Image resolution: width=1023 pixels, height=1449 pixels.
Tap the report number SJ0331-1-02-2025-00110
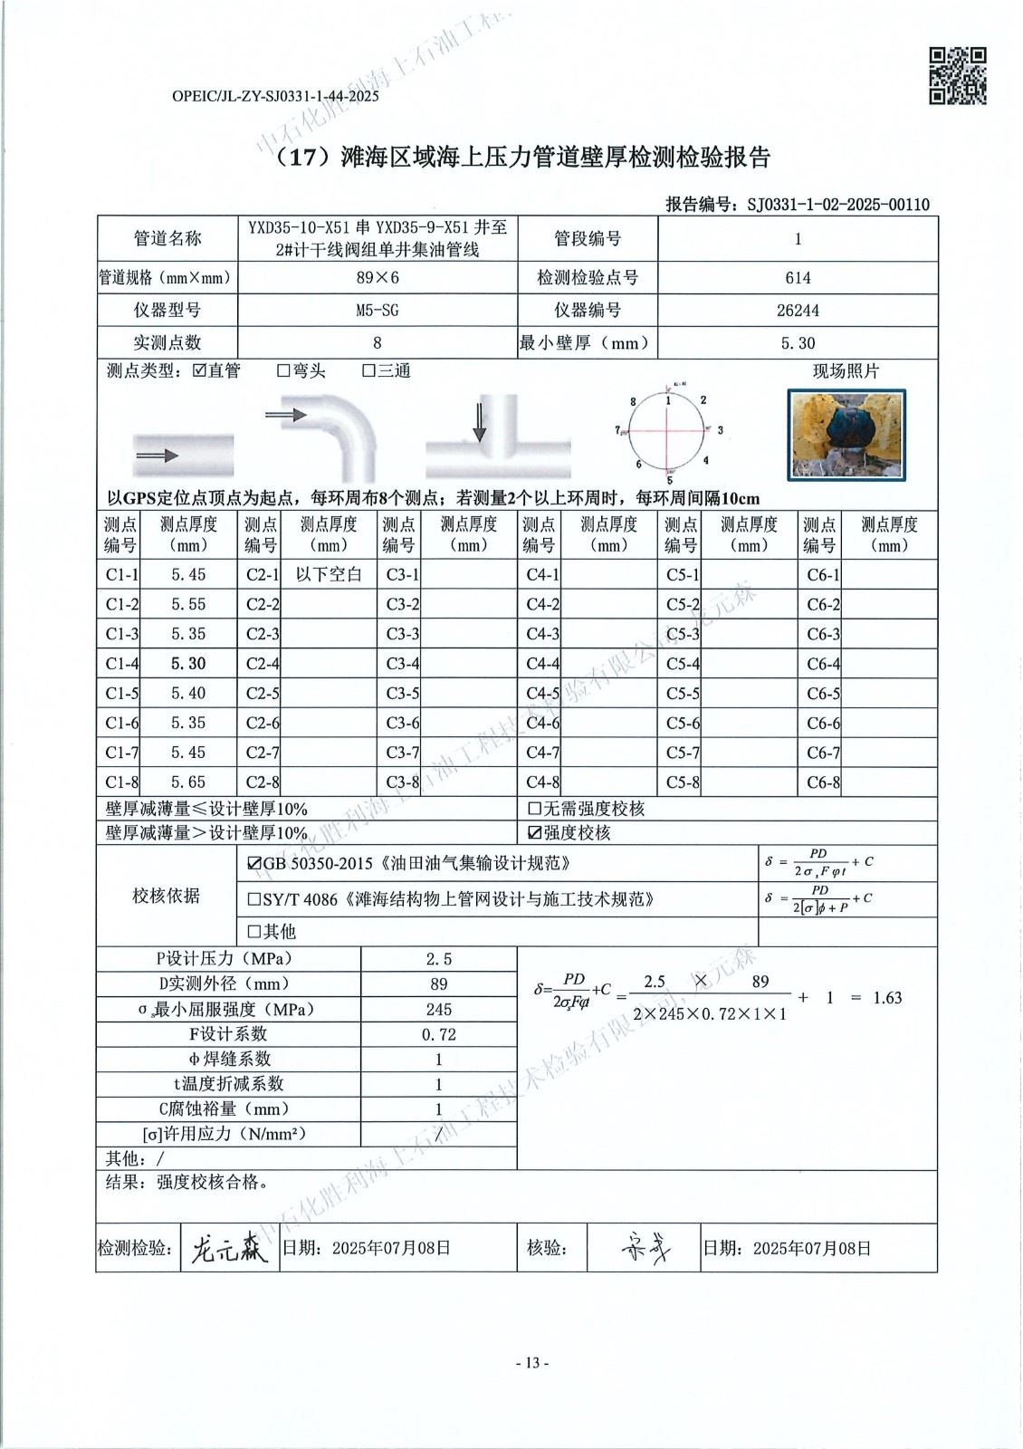pyautogui.click(x=838, y=205)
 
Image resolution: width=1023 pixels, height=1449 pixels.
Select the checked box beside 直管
pyautogui.click(x=200, y=371)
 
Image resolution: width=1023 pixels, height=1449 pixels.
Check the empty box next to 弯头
pyautogui.click(x=283, y=371)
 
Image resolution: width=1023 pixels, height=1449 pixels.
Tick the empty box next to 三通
pyautogui.click(x=368, y=371)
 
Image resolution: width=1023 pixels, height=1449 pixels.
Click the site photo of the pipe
pyautogui.click(x=846, y=435)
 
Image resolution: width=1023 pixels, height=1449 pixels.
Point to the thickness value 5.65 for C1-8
pyautogui.click(x=188, y=782)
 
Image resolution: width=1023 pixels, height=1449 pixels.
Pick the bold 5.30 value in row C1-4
pyautogui.click(x=188, y=664)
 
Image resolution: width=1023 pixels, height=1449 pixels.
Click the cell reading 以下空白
pyautogui.click(x=329, y=574)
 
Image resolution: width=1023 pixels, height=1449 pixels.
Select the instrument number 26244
pyautogui.click(x=798, y=311)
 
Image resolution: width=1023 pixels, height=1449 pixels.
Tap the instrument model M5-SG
pyautogui.click(x=377, y=311)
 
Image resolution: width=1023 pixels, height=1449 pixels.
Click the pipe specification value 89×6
pyautogui.click(x=377, y=278)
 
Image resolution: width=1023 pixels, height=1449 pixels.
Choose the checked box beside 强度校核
pyautogui.click(x=534, y=833)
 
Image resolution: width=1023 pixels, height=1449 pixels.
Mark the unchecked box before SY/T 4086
pyautogui.click(x=254, y=900)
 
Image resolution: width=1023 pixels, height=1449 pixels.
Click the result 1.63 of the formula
pyautogui.click(x=887, y=998)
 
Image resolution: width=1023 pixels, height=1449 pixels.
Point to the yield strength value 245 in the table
pyautogui.click(x=439, y=1010)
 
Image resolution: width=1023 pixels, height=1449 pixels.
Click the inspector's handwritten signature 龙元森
pyautogui.click(x=229, y=1250)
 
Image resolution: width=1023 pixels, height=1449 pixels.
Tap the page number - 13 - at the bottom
pyautogui.click(x=532, y=1363)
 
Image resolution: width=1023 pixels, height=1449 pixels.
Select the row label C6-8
pyautogui.click(x=823, y=782)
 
